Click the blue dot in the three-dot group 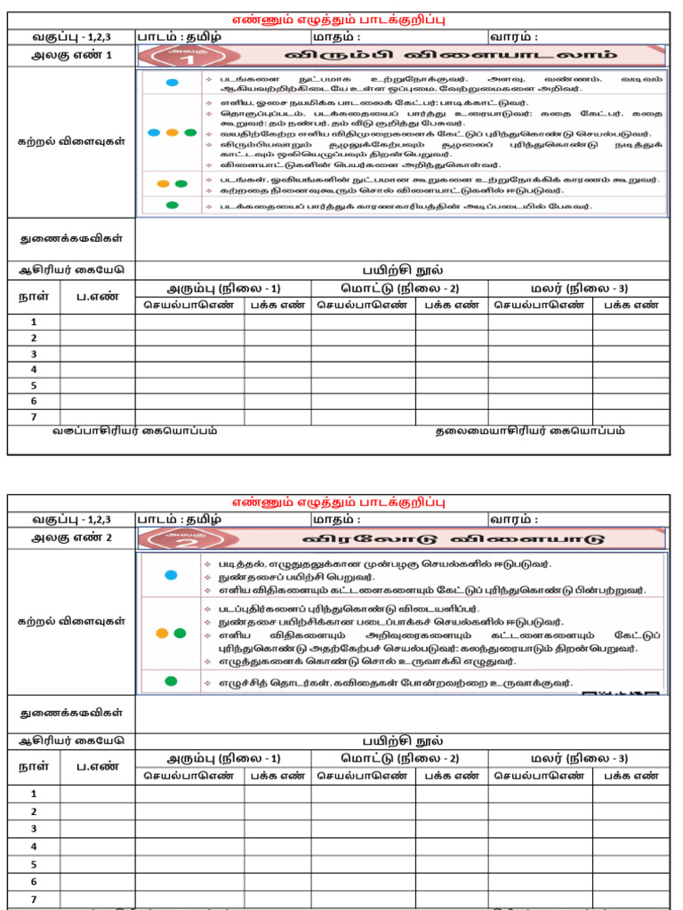pyautogui.click(x=153, y=132)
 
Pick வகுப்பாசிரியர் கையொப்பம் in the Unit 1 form pyautogui.click(x=133, y=431)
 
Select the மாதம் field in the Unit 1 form pyautogui.click(x=336, y=36)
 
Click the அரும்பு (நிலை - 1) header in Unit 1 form pyautogui.click(x=223, y=288)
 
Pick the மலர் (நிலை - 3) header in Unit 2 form pyautogui.click(x=579, y=758)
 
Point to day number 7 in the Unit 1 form pyautogui.click(x=34, y=417)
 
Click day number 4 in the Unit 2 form pyautogui.click(x=34, y=846)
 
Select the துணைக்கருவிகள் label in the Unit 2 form pyautogui.click(x=71, y=713)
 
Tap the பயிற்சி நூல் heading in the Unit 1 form pyautogui.click(x=402, y=270)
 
